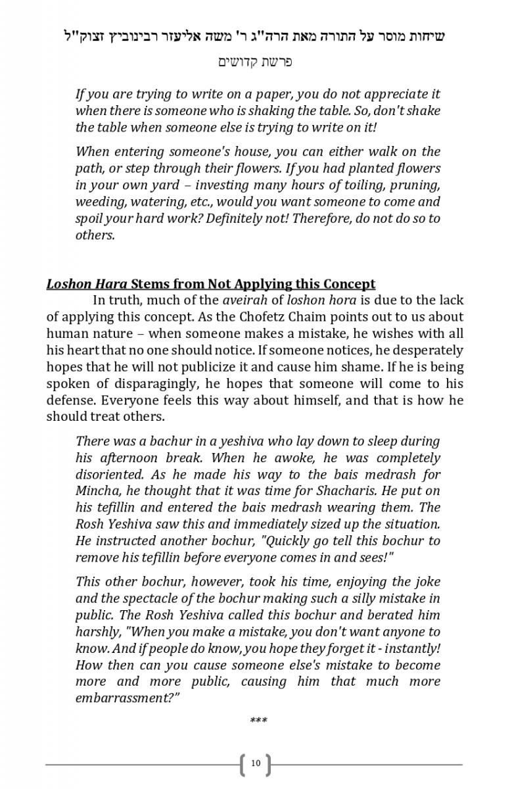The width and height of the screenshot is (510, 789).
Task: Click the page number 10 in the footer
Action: click(256, 763)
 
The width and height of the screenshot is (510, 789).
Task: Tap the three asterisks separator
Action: click(258, 721)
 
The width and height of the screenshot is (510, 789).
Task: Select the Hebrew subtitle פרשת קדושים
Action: click(255, 62)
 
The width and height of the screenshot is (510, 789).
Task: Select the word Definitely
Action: click(237, 218)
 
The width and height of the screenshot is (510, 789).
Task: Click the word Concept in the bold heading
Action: click(349, 284)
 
